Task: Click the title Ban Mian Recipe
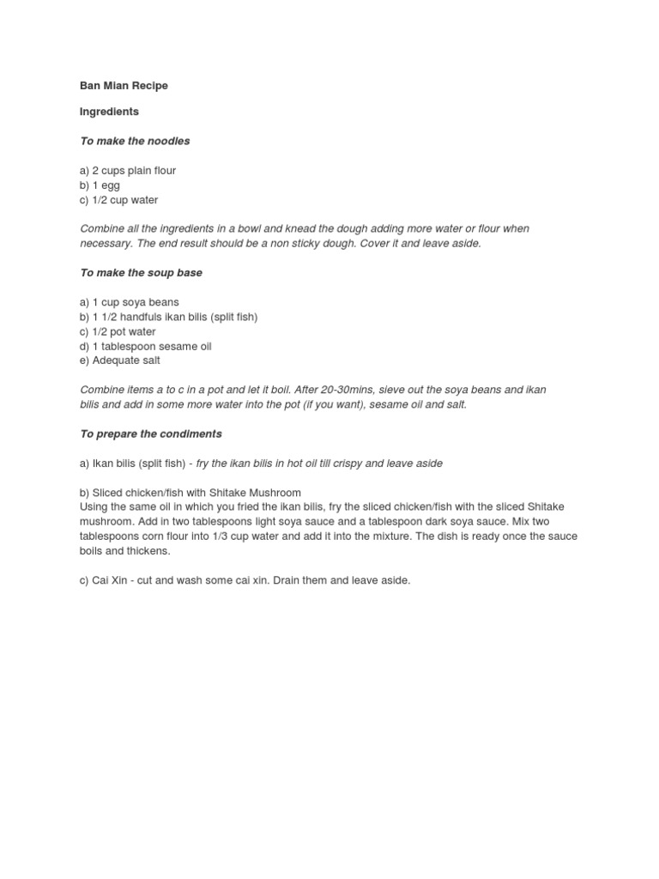(124, 86)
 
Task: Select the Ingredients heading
(109, 112)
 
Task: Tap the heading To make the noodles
(135, 141)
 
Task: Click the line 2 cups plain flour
(128, 171)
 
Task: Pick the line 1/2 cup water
(118, 200)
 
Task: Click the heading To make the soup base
(141, 273)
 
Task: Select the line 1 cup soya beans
(130, 302)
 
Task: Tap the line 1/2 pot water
(118, 331)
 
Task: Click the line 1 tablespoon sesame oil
(145, 346)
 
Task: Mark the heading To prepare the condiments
(151, 434)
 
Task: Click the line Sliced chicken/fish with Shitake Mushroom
(190, 493)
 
